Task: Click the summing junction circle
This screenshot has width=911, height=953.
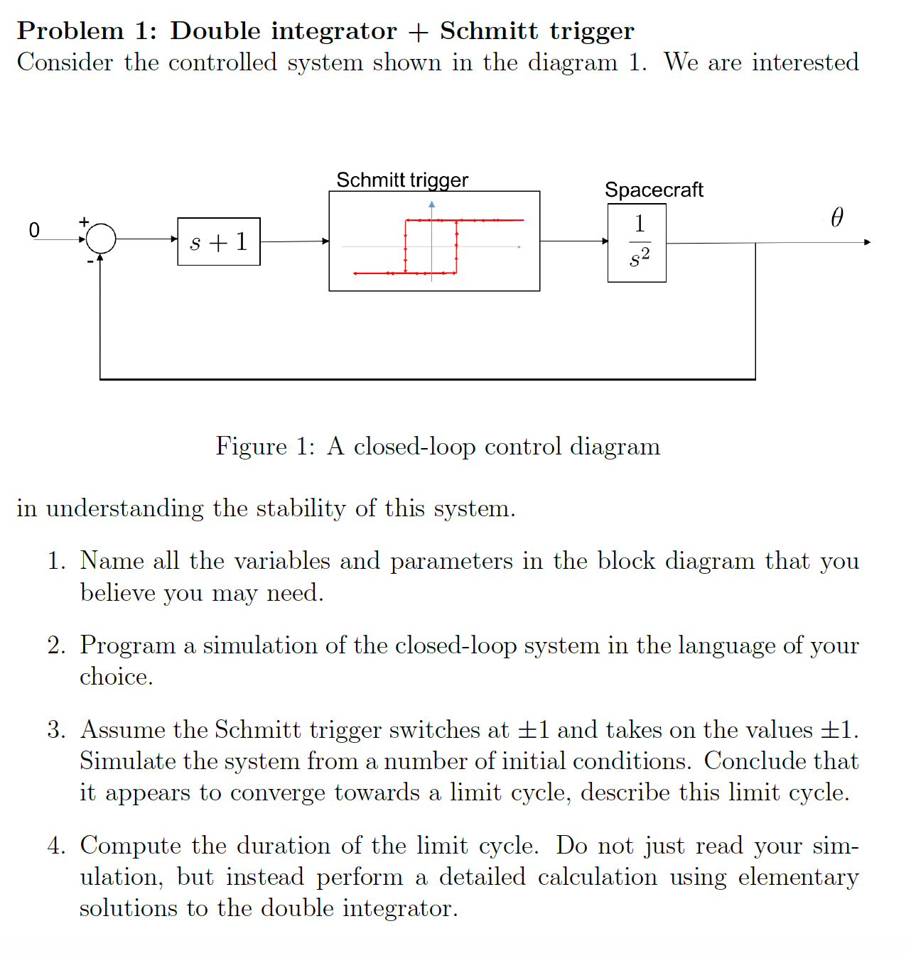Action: coord(101,239)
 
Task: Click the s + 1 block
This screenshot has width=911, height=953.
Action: coord(219,241)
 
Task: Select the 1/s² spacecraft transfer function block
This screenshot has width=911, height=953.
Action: coord(637,243)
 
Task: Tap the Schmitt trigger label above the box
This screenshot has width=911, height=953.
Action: coord(402,180)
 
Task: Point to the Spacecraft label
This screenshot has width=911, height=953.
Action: coord(654,190)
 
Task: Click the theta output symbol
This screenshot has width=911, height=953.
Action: coord(837,217)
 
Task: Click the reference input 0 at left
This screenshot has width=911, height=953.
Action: coord(34,230)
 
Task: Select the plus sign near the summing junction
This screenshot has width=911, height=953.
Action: coord(84,222)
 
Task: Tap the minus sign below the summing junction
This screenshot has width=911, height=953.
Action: coord(90,261)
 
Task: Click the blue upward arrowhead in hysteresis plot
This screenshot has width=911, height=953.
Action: coord(431,205)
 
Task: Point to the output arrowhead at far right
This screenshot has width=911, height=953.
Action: coord(866,242)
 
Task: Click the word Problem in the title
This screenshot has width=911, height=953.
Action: coord(70,31)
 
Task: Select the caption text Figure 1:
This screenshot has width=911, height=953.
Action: coord(265,447)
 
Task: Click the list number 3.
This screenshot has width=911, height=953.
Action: coord(56,730)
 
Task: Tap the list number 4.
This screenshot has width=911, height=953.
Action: coord(56,846)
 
